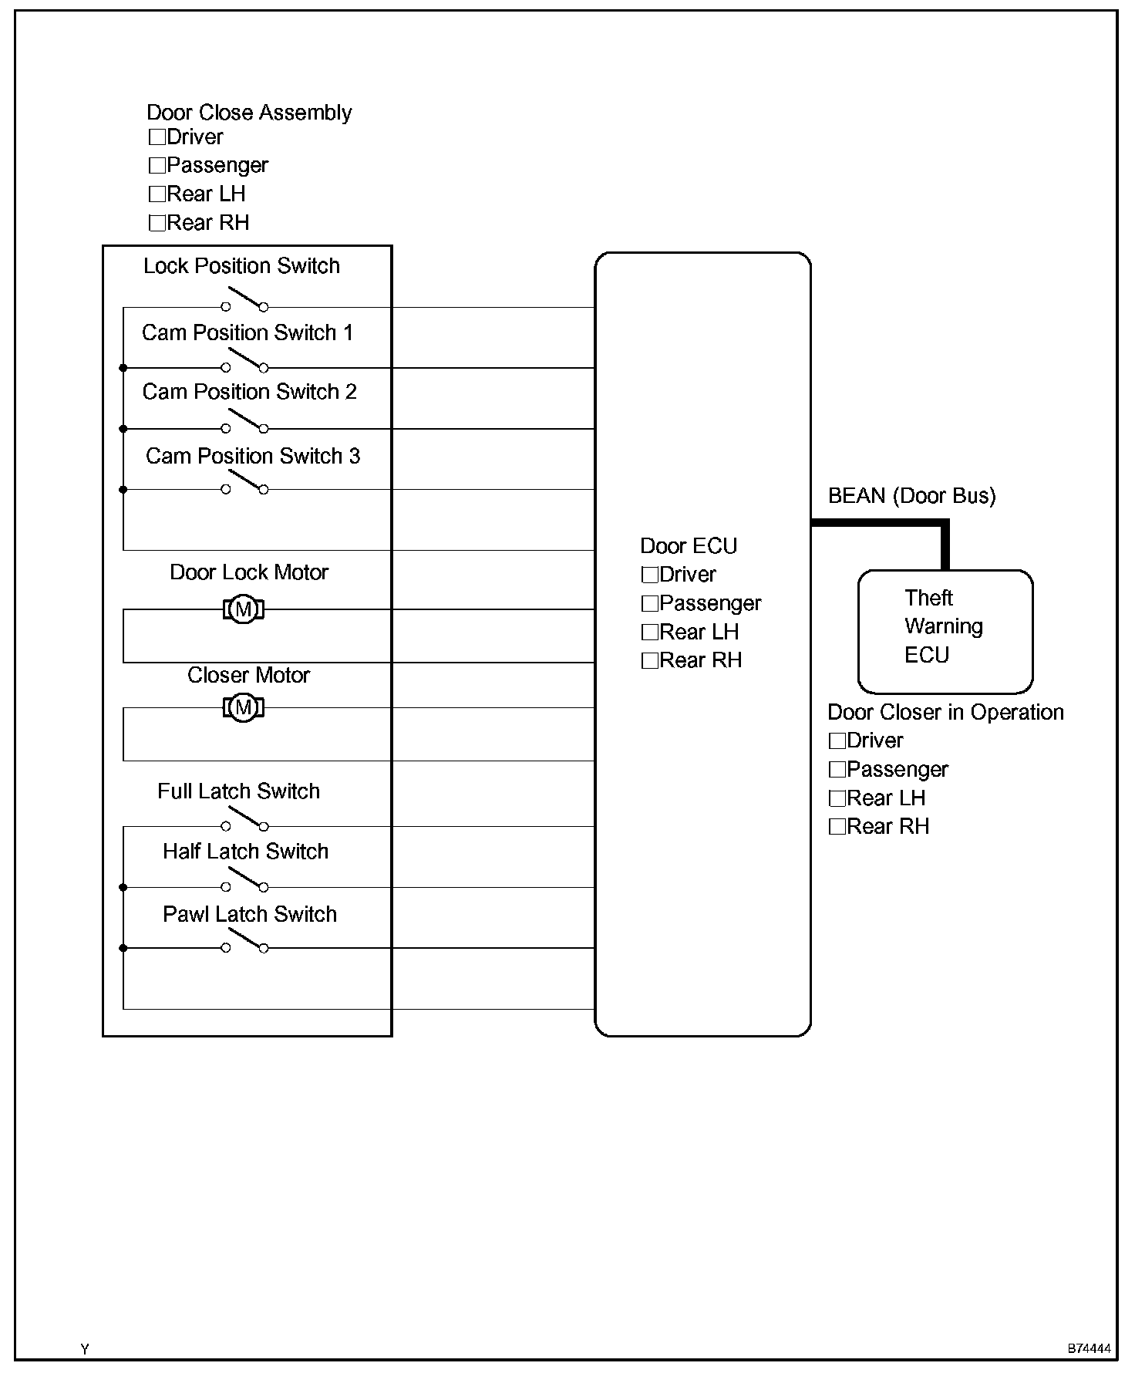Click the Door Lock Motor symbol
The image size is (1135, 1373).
244,609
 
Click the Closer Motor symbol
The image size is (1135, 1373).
244,707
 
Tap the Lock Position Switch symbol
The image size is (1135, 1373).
245,301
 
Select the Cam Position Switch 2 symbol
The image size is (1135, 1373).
245,423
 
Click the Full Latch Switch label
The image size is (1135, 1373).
238,791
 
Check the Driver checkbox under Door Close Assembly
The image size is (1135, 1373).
157,137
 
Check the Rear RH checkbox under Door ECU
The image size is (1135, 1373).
650,661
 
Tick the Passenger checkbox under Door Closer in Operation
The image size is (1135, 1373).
837,770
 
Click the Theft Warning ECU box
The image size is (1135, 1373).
945,631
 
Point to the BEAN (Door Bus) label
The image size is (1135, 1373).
911,496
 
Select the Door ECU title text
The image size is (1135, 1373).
689,546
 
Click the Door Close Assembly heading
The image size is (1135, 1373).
249,113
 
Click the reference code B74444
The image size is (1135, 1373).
1089,1349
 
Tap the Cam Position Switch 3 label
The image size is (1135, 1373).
253,456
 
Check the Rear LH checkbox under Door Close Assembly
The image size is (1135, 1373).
157,194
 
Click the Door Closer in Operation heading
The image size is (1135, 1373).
945,712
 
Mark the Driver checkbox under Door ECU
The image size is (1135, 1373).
650,575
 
